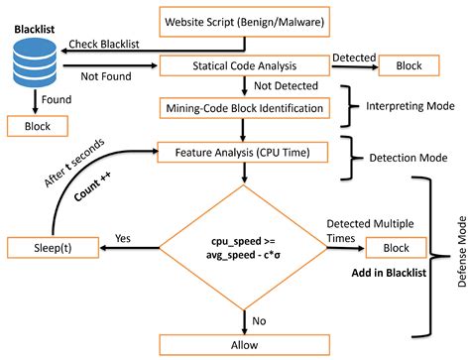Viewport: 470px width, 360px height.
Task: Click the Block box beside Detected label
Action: [410, 65]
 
